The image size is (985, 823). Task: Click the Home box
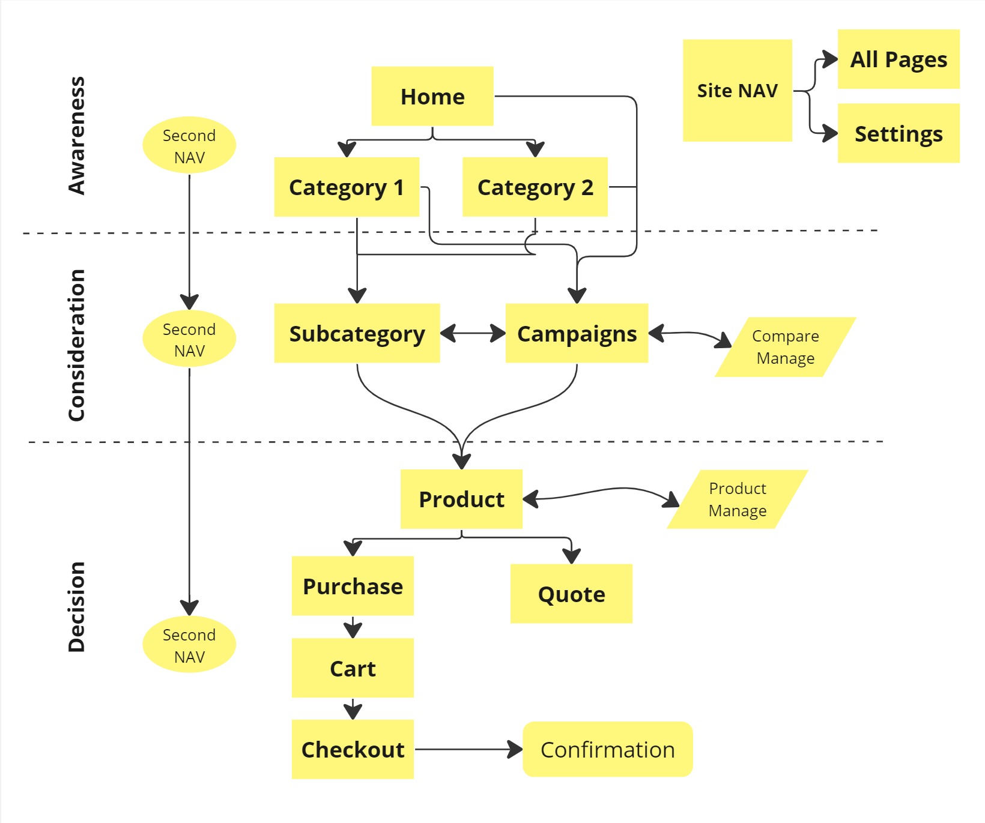tap(432, 96)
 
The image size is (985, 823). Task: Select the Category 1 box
tap(347, 187)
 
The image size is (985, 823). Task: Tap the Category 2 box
tap(535, 187)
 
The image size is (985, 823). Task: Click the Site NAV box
tap(737, 91)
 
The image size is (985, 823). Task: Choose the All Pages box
tap(898, 59)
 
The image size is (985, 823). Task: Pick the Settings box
tap(898, 133)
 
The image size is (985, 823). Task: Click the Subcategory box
tap(357, 333)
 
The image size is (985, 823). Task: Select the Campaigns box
tap(577, 333)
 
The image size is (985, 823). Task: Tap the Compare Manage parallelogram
tap(785, 347)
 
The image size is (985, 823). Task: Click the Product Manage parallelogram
tap(738, 499)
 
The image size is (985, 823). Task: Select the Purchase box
tap(353, 586)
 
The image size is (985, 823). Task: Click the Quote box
tap(571, 594)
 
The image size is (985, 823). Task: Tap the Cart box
tap(353, 668)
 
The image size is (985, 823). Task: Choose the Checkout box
tap(353, 749)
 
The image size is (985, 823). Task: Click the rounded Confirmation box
tap(607, 749)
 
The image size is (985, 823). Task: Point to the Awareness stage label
tap(76, 136)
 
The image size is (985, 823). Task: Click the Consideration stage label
tap(76, 345)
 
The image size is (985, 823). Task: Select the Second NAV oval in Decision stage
tap(189, 645)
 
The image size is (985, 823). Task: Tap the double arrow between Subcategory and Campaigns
tap(473, 333)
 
